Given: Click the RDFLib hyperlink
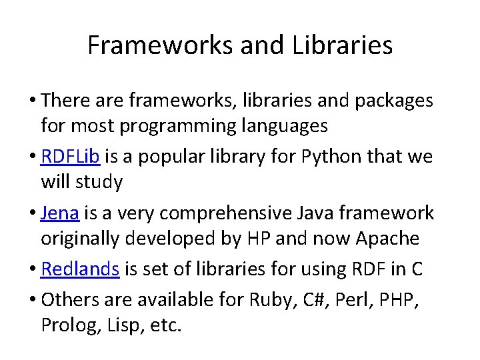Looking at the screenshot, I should coord(70,157).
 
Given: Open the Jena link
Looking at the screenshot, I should coord(60,213).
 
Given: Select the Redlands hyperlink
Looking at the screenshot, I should coord(80,269).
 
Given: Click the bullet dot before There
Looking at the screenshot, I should coord(33,101).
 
